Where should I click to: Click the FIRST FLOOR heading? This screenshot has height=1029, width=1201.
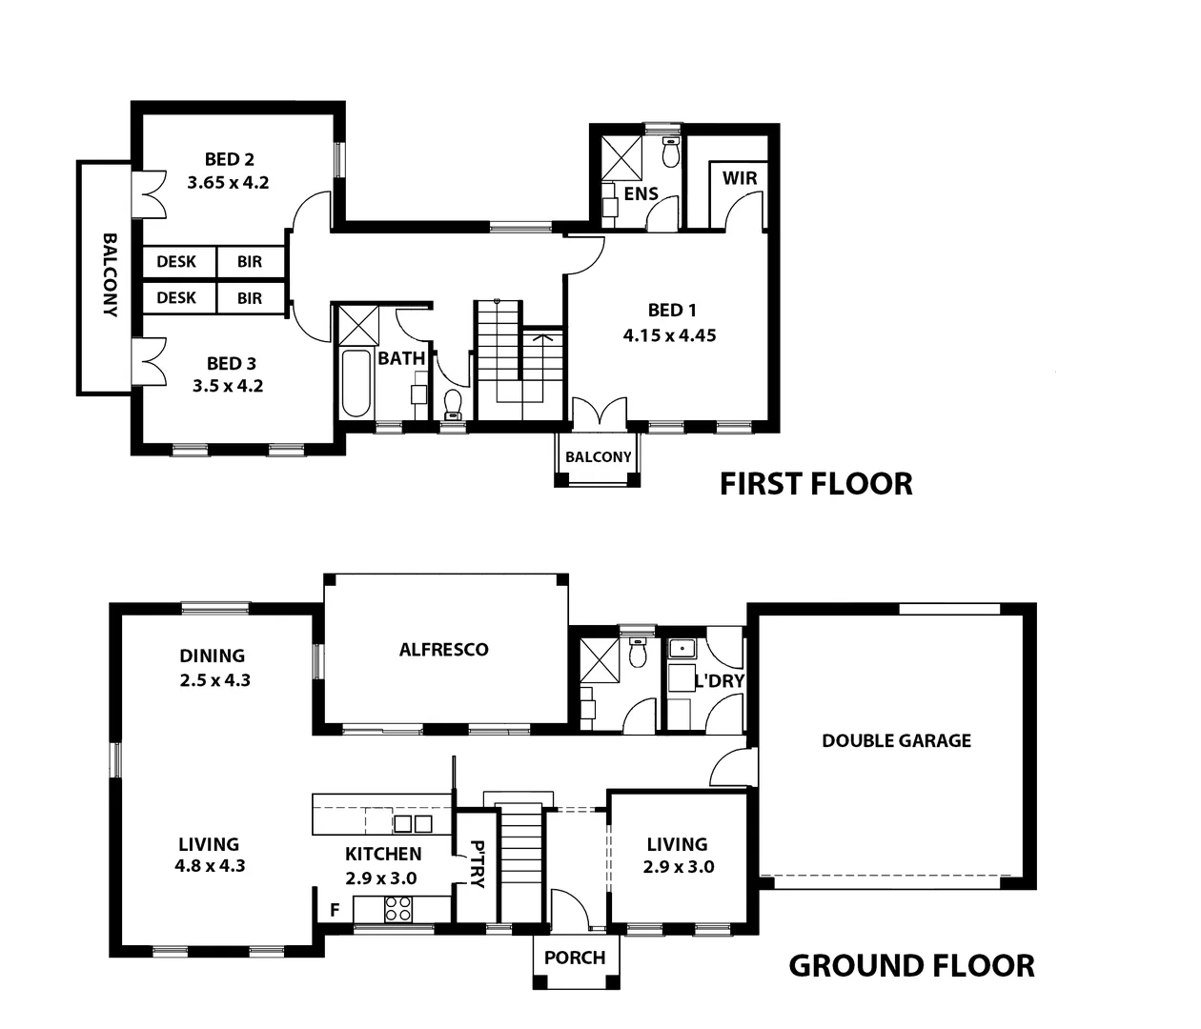click(x=816, y=484)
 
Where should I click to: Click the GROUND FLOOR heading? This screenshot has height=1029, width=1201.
click(x=911, y=966)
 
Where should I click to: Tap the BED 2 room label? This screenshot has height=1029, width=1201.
click(x=229, y=159)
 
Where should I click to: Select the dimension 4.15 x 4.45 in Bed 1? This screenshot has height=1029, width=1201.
click(x=669, y=335)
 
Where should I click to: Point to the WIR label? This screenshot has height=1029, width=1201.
click(x=739, y=178)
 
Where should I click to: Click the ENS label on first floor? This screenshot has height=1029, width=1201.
click(x=641, y=193)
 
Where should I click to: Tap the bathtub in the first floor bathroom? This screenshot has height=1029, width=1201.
click(x=356, y=383)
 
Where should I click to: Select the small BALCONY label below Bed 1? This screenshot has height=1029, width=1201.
click(x=598, y=457)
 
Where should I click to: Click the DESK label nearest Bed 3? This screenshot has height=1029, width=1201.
click(x=176, y=298)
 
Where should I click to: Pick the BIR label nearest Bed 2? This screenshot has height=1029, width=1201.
click(x=250, y=262)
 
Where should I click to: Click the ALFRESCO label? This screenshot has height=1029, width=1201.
click(x=443, y=650)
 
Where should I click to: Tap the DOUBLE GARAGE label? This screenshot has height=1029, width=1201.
click(x=896, y=740)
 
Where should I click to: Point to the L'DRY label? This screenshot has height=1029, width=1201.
click(x=720, y=681)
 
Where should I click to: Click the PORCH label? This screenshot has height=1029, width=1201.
click(x=575, y=958)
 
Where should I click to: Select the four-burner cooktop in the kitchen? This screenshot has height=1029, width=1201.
click(x=398, y=909)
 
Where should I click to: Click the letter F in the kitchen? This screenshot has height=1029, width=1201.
click(x=335, y=910)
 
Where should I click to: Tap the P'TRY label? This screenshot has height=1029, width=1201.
click(x=478, y=863)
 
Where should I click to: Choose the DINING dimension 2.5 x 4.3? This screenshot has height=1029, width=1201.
click(x=214, y=680)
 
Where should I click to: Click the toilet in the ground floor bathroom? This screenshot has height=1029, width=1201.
click(x=638, y=653)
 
